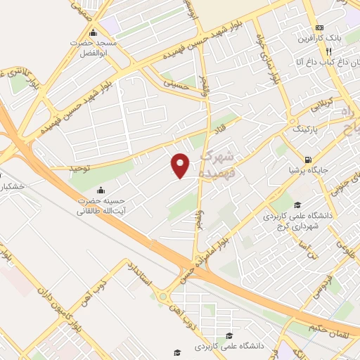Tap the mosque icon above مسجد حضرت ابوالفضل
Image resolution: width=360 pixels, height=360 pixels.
tap(94, 33)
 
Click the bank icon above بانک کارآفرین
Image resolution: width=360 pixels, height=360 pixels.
tap(319, 27)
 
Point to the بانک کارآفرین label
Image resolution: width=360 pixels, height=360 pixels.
tap(325, 38)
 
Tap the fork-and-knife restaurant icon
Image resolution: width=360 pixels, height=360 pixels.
tap(328, 51)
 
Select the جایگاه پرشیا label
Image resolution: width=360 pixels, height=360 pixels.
tap(310, 170)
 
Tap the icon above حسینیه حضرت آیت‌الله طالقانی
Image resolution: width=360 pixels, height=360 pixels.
tap(101, 190)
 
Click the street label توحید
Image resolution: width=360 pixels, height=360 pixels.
tap(61, 168)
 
